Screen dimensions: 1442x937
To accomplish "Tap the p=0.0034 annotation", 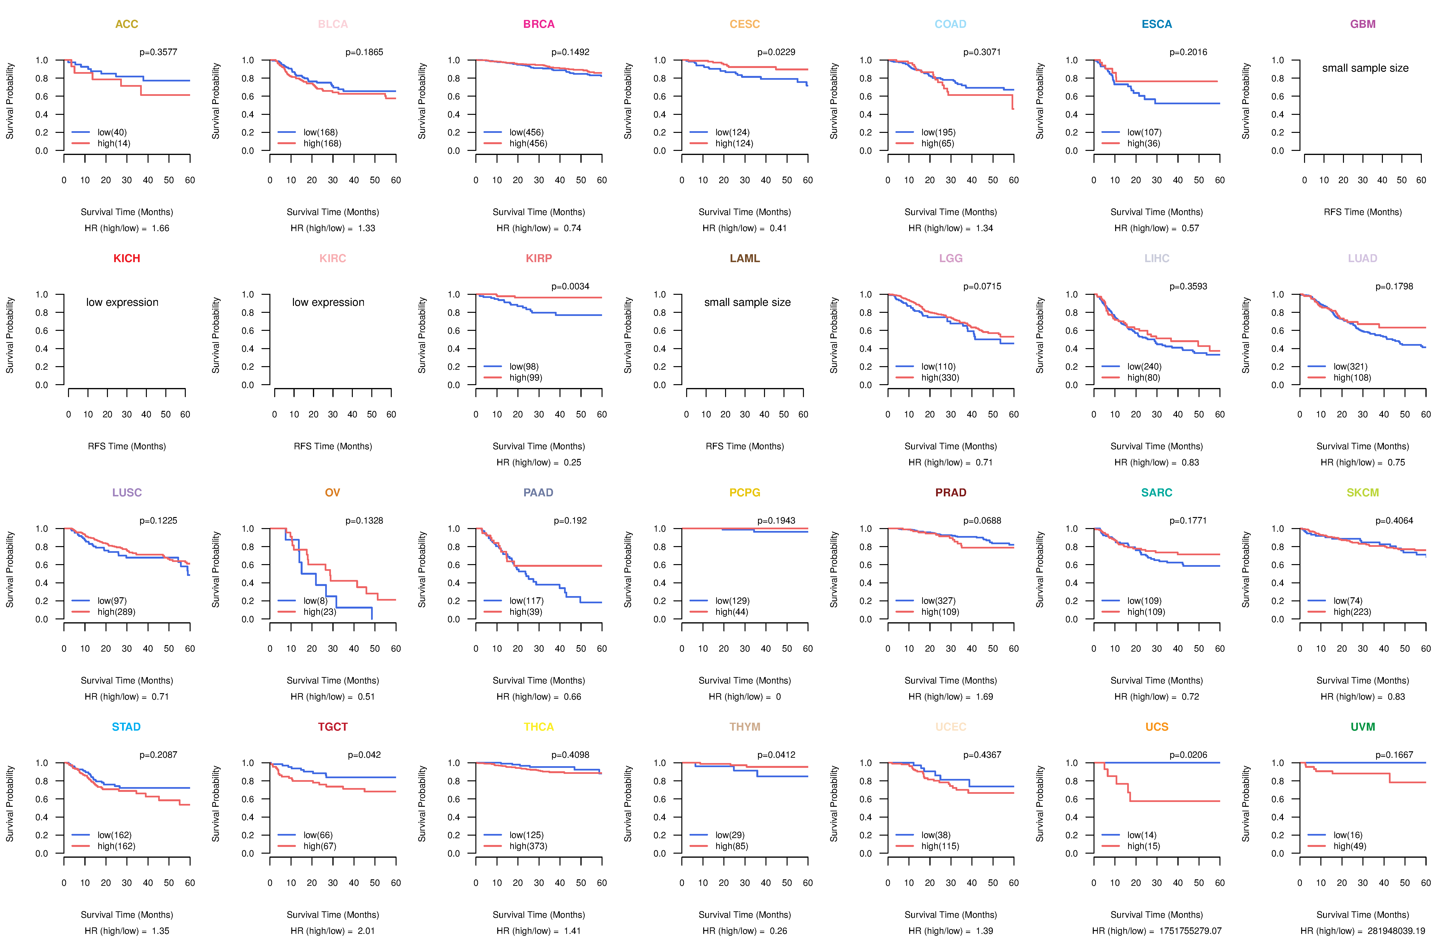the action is pos(570,286).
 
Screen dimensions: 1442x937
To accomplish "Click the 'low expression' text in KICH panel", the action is pos(122,302).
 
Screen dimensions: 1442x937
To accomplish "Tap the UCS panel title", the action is pos(1157,727).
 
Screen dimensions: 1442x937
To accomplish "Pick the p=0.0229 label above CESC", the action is pos(776,52).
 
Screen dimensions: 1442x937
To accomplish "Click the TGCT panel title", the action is pos(333,727).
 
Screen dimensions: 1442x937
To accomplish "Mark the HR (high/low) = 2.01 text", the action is pos(333,931).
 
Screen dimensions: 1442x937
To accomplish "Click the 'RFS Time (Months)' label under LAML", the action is pos(745,446).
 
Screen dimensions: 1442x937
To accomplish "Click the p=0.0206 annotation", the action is pos(1188,755).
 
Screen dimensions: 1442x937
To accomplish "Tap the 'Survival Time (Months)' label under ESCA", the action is pos(1157,212).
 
